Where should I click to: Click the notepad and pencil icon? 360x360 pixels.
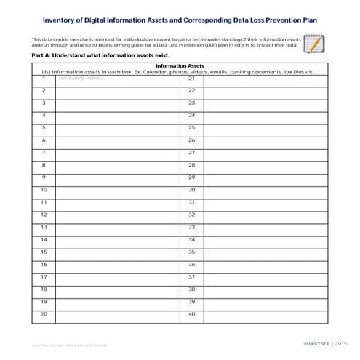coord(314,44)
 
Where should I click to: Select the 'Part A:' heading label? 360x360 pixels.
coord(43,55)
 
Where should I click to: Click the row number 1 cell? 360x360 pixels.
coord(44,78)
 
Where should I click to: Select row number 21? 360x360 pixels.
coord(191,78)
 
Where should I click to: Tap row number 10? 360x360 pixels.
coord(44,189)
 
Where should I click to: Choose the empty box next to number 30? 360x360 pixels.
coord(265,189)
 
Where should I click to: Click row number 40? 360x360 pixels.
coord(191,313)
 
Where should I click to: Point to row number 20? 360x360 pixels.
coord(44,313)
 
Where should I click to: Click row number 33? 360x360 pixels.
coord(191,227)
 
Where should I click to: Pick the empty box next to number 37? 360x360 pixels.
coord(265,276)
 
